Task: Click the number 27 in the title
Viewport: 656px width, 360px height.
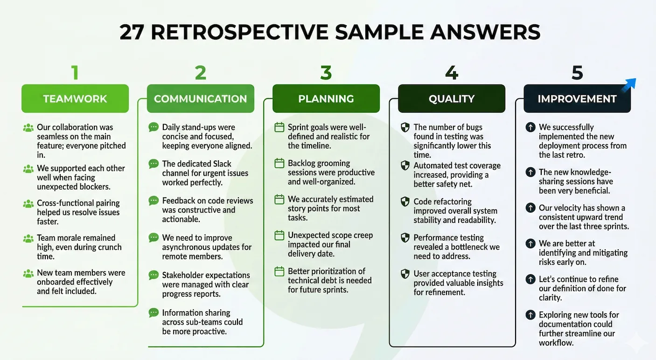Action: click(132, 32)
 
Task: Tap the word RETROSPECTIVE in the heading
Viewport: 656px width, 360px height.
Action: click(239, 32)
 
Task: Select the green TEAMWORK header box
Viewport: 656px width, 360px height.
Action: click(75, 99)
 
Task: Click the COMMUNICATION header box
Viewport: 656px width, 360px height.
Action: click(201, 99)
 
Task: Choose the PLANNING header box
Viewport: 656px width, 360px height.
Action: click(326, 99)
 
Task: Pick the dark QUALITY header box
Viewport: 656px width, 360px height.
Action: click(452, 99)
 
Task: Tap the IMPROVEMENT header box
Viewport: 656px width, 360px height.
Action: click(577, 99)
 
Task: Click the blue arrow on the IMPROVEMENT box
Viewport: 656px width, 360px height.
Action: click(629, 85)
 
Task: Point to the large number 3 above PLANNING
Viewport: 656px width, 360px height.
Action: click(326, 73)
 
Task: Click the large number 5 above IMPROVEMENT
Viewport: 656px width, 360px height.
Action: click(577, 73)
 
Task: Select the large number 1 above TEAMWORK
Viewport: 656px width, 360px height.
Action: click(75, 73)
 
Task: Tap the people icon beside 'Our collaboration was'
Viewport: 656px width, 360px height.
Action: click(28, 128)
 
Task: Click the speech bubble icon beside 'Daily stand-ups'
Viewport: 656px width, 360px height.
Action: click(154, 127)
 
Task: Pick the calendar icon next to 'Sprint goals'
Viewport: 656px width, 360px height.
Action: click(279, 127)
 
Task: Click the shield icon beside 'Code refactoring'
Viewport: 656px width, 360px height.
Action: click(405, 201)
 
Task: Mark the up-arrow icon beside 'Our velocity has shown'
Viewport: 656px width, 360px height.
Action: click(530, 208)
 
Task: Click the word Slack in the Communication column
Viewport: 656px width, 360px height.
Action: click(222, 164)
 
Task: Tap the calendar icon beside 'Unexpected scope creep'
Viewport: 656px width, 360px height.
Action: click(279, 235)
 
